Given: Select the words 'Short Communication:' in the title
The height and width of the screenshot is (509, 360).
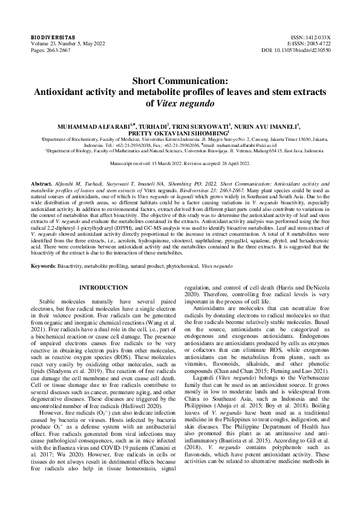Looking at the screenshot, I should [x=180, y=81].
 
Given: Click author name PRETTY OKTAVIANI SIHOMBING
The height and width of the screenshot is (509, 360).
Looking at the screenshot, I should [x=179, y=134].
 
